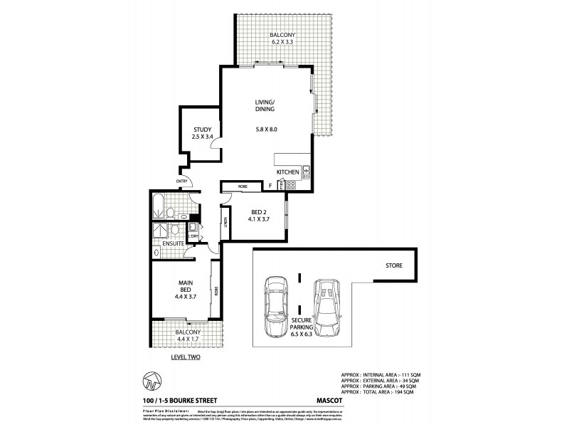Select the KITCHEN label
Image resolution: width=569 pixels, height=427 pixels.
pyautogui.click(x=287, y=173)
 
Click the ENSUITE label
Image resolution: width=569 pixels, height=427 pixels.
pyautogui.click(x=174, y=243)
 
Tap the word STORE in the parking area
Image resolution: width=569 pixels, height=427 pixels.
pyautogui.click(x=395, y=265)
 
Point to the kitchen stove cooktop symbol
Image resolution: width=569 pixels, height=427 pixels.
pyautogui.click(x=291, y=186)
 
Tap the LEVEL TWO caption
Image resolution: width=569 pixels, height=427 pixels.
pyautogui.click(x=185, y=357)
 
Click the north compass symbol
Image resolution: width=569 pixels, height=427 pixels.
pyautogui.click(x=150, y=380)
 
